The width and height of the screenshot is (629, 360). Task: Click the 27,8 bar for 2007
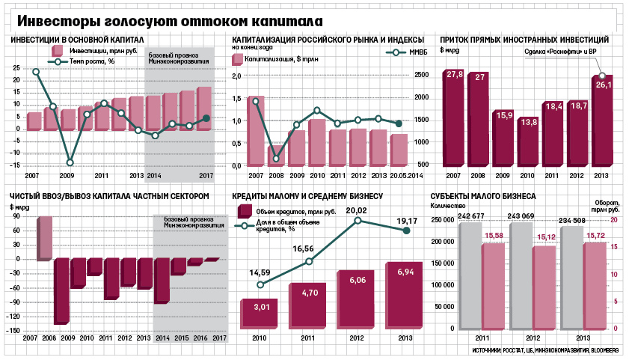point(454,118)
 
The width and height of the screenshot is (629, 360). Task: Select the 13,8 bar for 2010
point(528,142)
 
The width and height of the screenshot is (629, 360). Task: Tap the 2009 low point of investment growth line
point(70,162)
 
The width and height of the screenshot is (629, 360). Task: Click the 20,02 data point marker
point(358,220)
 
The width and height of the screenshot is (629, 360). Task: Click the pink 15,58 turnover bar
point(493,286)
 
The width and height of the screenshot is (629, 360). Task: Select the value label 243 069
point(521,216)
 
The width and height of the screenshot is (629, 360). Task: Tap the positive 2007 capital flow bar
point(45,239)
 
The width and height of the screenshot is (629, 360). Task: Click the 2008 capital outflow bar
point(62,291)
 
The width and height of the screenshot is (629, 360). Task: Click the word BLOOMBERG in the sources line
point(604,350)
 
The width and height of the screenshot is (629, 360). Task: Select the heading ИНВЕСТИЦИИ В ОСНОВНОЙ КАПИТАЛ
point(77,40)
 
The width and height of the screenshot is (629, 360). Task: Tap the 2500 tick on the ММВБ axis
point(422,75)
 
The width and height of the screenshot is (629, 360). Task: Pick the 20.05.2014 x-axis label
point(405,176)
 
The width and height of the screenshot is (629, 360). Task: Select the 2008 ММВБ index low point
point(276,159)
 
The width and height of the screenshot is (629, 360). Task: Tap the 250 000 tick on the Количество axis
point(443,220)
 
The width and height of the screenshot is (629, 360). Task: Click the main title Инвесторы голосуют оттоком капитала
point(170,21)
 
